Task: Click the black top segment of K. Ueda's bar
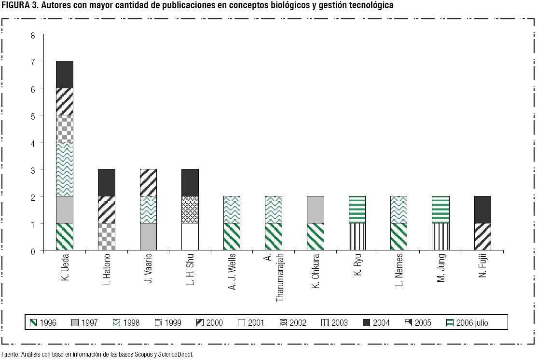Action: point(65,74)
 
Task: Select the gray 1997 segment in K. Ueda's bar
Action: point(65,209)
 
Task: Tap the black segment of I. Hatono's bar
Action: point(106,182)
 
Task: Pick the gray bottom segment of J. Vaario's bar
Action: point(148,236)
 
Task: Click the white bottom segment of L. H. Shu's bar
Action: point(190,236)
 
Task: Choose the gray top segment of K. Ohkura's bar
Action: point(315,209)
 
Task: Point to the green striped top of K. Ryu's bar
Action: point(357,209)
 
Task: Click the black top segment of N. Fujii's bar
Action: point(482,209)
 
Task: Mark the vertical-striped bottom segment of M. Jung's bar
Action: point(441,236)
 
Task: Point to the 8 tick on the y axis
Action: point(33,35)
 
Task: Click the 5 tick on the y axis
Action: point(33,116)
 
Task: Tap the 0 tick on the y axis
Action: point(33,251)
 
